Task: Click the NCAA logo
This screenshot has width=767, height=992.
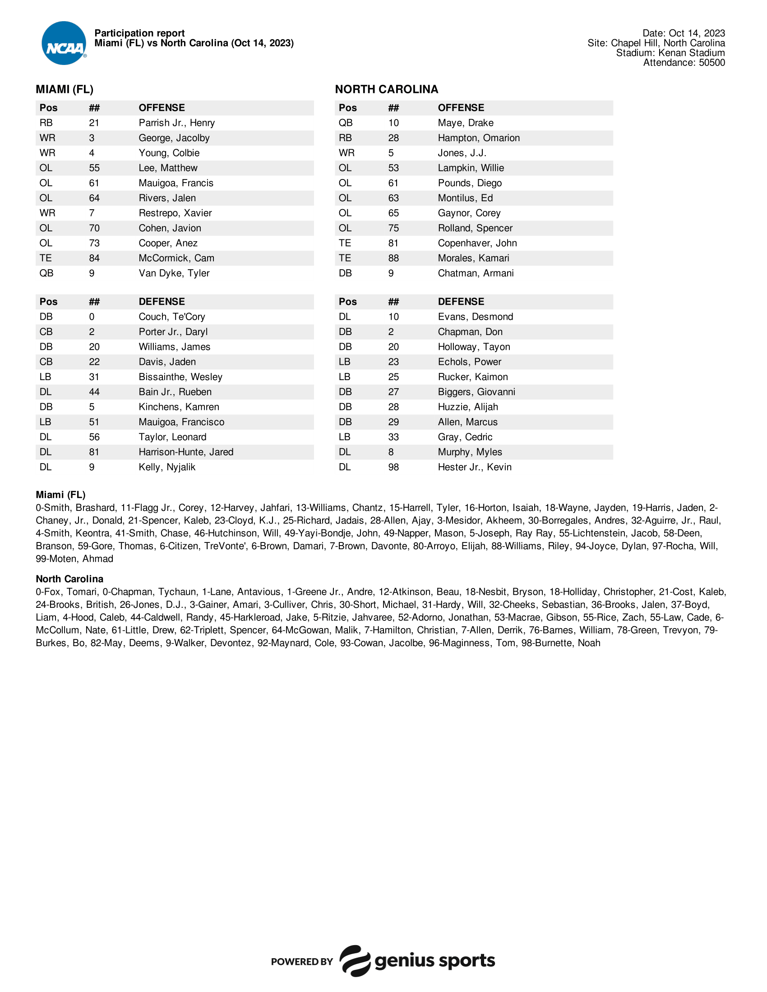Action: tap(64, 44)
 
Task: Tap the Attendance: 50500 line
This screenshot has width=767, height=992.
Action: tap(684, 63)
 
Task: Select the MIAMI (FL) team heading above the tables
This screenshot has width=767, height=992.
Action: tap(65, 89)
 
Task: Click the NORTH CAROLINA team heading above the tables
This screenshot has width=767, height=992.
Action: tap(386, 89)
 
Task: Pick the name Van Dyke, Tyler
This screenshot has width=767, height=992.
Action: tap(174, 273)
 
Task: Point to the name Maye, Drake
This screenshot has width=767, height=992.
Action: tap(465, 123)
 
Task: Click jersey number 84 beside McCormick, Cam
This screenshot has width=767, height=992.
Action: tap(94, 258)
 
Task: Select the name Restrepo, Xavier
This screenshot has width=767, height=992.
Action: tap(175, 213)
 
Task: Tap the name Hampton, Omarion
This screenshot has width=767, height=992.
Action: tap(478, 138)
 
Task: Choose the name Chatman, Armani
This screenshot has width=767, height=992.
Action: tap(475, 273)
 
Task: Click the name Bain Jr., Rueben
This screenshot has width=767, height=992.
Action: tap(175, 392)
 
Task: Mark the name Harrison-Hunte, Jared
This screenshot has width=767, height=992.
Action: tap(186, 452)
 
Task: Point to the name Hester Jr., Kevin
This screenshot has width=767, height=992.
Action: tap(474, 468)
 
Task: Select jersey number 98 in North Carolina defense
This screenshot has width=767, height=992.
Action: tap(393, 468)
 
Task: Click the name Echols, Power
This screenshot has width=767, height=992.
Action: tap(469, 362)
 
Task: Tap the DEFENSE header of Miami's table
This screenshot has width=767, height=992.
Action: tap(162, 302)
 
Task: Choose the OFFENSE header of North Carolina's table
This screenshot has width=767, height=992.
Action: tap(461, 108)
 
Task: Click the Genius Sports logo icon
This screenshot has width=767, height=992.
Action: tap(355, 960)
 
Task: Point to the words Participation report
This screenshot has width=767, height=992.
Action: tap(139, 33)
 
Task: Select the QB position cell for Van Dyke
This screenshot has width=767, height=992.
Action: tap(46, 273)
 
